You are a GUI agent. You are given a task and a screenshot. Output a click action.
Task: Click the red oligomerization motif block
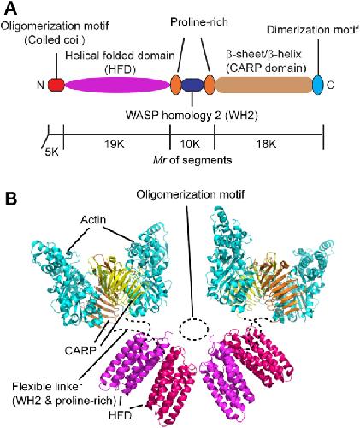56,85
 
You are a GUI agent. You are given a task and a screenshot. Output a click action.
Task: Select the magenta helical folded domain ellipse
117,85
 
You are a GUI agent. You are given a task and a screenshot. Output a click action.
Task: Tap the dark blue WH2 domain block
192,85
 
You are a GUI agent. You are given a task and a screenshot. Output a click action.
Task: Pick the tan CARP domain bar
264,85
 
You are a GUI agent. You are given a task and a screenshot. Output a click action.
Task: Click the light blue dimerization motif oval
317,85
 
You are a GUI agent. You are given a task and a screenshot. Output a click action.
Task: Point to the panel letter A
11,9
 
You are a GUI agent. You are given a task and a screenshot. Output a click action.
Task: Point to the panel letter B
11,199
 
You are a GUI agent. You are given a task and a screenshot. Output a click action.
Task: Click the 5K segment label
52,152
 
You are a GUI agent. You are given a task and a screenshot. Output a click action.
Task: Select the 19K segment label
114,145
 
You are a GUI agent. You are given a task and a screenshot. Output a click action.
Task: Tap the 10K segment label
190,145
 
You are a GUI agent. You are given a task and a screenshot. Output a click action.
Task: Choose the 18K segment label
267,145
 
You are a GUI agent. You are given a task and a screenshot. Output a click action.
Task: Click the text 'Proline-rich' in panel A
199,22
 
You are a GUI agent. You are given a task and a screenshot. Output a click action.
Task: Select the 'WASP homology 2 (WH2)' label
192,116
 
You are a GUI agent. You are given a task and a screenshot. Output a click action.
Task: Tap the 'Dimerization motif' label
313,29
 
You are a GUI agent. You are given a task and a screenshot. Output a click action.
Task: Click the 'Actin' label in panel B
93,220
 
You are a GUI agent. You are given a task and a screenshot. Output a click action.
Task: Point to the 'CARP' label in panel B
80,350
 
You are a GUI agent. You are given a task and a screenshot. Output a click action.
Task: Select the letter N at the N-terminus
40,85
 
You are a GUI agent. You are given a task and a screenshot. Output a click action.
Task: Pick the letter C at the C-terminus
331,85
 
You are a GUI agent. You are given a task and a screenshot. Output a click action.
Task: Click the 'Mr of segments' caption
192,160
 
